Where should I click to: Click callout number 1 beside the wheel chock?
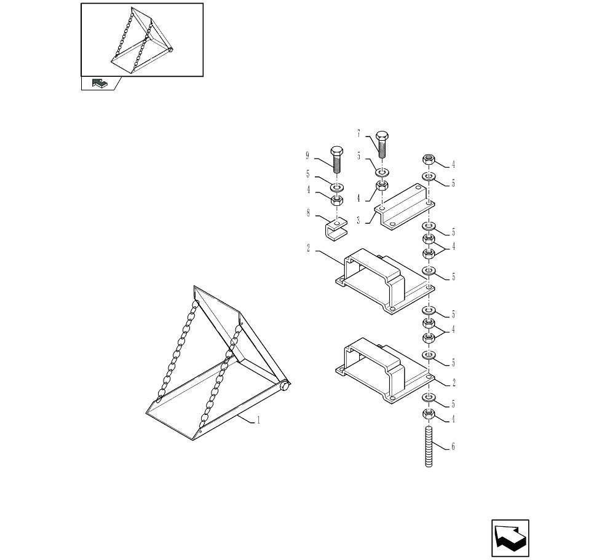pyautogui.click(x=258, y=420)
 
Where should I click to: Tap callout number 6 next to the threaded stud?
pyautogui.click(x=453, y=447)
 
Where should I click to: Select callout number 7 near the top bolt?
pyautogui.click(x=358, y=134)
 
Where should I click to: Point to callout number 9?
pyautogui.click(x=307, y=156)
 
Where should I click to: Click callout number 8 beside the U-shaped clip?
pyautogui.click(x=308, y=213)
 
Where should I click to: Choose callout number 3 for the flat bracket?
pyautogui.click(x=358, y=221)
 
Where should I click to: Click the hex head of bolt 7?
pyautogui.click(x=382, y=136)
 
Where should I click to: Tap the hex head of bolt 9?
pyautogui.click(x=336, y=151)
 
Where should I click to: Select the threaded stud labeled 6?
pyautogui.click(x=429, y=446)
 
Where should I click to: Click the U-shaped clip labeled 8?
pyautogui.click(x=336, y=230)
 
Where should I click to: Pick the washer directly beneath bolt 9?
pyautogui.click(x=337, y=187)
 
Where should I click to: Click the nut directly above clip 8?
pyautogui.click(x=337, y=200)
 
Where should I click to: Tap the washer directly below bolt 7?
pyautogui.click(x=382, y=172)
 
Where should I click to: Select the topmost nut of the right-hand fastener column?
pyautogui.click(x=429, y=159)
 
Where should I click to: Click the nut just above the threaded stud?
pyautogui.click(x=429, y=414)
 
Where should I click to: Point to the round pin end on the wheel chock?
pyautogui.click(x=285, y=386)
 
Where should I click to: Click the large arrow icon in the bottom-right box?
pyautogui.click(x=510, y=538)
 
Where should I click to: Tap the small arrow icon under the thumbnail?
pyautogui.click(x=100, y=83)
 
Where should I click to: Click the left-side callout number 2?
pyautogui.click(x=308, y=248)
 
